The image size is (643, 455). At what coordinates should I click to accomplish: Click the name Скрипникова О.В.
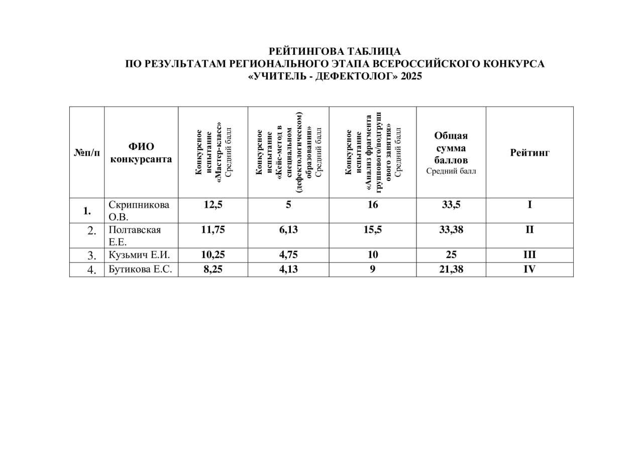click(139, 211)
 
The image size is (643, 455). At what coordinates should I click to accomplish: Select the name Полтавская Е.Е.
click(135, 235)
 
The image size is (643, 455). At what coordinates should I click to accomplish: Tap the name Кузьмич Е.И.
click(140, 255)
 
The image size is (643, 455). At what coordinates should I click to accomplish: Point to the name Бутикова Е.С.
click(140, 269)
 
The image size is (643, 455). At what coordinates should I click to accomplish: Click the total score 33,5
click(451, 205)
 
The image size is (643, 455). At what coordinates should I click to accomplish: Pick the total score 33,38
click(451, 230)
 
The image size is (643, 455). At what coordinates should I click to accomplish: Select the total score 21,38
click(451, 269)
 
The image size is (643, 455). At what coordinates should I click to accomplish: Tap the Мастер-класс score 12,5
click(213, 205)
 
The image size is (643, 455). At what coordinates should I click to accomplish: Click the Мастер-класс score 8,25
click(213, 269)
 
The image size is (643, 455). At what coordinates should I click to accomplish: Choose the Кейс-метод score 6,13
click(288, 230)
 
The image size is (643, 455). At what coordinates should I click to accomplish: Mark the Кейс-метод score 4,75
click(288, 255)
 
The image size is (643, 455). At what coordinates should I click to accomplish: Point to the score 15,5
click(372, 230)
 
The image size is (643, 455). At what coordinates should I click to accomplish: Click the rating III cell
click(529, 255)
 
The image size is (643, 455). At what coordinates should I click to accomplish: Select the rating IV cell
click(529, 269)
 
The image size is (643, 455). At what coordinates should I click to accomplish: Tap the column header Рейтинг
click(529, 153)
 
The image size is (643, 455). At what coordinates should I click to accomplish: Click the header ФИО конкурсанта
click(141, 153)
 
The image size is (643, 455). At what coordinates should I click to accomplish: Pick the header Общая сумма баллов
click(451, 149)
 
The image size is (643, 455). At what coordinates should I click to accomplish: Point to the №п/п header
click(87, 153)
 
